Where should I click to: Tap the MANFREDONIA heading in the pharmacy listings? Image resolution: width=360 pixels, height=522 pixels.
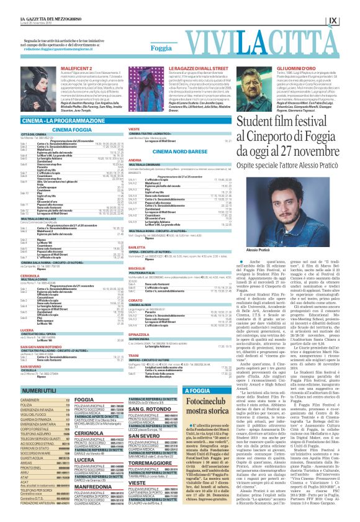pos(92,488)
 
